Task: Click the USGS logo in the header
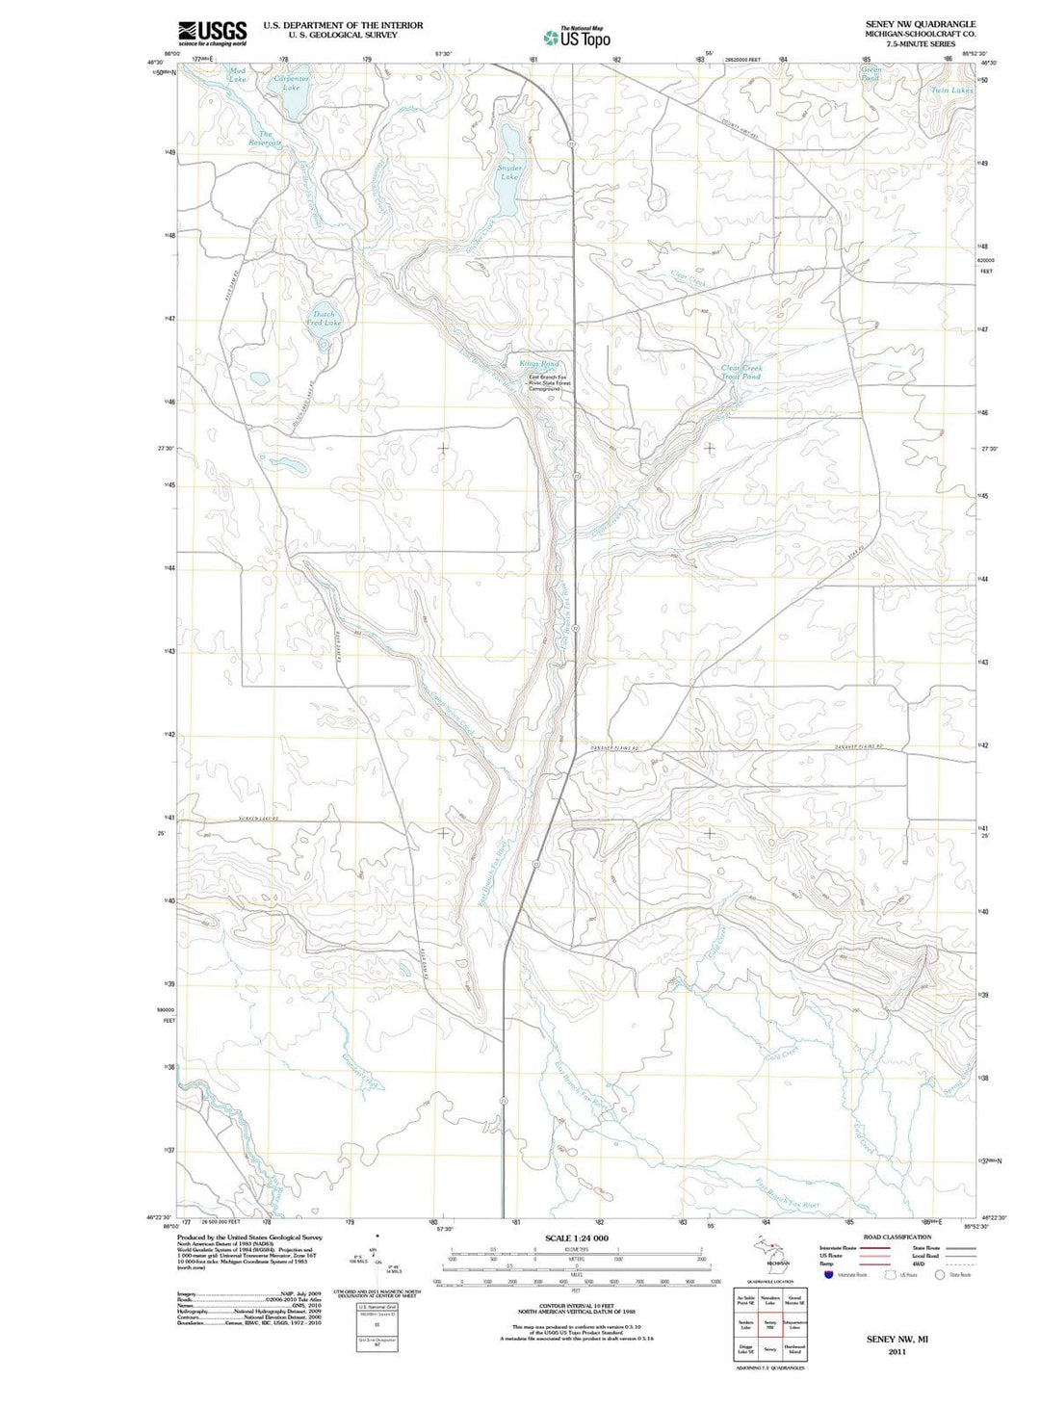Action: click(x=212, y=33)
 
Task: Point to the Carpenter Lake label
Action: click(x=291, y=83)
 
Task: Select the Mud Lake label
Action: click(x=238, y=75)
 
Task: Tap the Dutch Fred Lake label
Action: click(x=324, y=319)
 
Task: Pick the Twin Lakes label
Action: click(x=951, y=91)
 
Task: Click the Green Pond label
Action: click(x=871, y=73)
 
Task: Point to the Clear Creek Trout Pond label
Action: click(x=741, y=372)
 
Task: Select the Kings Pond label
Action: click(x=539, y=364)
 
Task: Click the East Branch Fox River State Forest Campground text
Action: click(x=549, y=383)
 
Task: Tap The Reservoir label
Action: click(x=265, y=139)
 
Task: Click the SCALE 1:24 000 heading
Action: click(x=576, y=1238)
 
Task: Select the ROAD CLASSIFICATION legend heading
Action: click(x=897, y=1237)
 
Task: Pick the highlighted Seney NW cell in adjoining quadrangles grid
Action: click(x=769, y=1324)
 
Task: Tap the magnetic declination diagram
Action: click(x=377, y=1255)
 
